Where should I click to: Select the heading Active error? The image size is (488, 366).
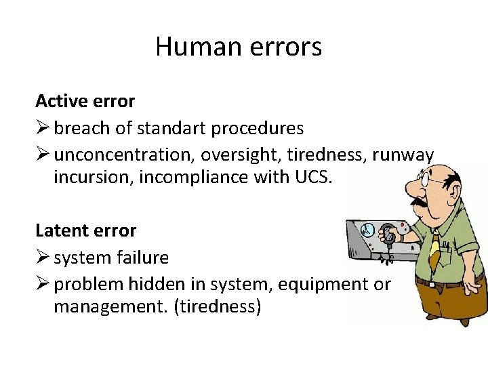85,101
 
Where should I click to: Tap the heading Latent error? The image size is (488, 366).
86,230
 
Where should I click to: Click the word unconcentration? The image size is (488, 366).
124,155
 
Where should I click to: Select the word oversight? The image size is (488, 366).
241,155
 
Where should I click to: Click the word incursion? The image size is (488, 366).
85,177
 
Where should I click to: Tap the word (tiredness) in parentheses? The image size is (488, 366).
218,306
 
